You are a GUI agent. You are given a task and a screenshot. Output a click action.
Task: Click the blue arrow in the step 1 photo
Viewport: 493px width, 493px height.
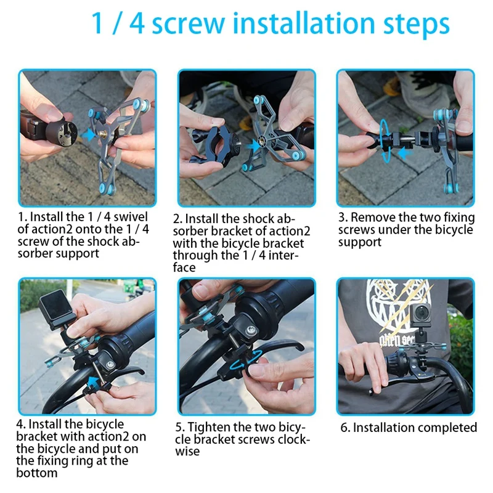pos(88,134)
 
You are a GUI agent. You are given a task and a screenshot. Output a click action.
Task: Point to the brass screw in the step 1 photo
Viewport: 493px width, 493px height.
pos(102,134)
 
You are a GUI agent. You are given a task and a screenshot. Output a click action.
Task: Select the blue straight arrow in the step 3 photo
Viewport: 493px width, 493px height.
pos(406,153)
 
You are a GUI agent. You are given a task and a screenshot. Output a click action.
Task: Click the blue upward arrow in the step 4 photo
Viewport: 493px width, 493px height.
pos(94,383)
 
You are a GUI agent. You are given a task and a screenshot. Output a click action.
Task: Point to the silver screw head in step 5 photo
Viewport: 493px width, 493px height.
pos(251,330)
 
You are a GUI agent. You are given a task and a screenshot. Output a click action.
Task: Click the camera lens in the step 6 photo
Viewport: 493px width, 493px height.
pos(422,313)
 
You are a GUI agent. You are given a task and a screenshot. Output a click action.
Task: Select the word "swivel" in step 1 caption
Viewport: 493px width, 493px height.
pos(131,217)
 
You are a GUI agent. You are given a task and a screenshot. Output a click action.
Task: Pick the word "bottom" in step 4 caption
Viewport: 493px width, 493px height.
pos(37,473)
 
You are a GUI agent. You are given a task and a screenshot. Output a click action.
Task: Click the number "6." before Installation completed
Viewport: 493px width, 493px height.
pos(345,428)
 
